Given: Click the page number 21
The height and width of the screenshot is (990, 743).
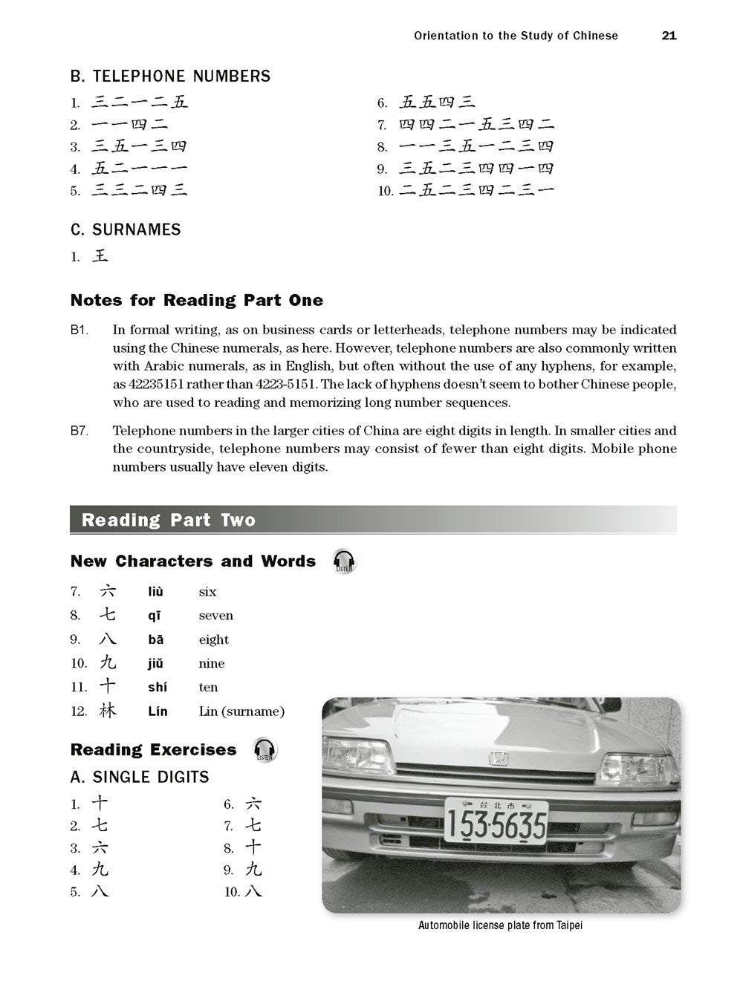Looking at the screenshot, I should tap(669, 36).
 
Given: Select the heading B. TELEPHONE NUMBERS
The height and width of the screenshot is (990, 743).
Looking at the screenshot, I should tap(170, 76).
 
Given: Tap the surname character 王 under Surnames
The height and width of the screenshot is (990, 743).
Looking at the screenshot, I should tap(100, 256).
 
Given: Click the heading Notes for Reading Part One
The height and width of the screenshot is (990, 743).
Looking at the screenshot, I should tap(197, 301).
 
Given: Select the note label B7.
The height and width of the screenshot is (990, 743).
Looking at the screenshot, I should tap(80, 431).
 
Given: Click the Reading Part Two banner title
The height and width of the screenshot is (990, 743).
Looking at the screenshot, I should tap(169, 520).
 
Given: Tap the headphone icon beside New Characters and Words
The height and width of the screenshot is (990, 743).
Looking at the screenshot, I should tap(343, 561).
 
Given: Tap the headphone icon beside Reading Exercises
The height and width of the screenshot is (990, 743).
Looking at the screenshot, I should tap(265, 749).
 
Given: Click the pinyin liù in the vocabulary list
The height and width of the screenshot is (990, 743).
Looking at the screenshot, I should tap(155, 592).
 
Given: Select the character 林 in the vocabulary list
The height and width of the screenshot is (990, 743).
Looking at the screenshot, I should tap(108, 711).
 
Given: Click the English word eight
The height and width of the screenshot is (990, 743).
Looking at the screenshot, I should tap(213, 639).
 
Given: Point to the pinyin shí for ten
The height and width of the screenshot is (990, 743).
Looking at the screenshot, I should tap(158, 688).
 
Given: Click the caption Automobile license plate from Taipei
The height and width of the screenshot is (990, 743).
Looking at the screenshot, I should tap(500, 925).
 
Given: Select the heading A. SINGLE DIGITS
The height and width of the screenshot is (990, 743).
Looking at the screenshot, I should tap(140, 778).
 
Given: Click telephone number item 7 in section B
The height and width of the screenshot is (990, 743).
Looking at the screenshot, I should tap(476, 125).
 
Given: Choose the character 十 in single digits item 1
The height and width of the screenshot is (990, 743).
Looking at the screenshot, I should tap(100, 804).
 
